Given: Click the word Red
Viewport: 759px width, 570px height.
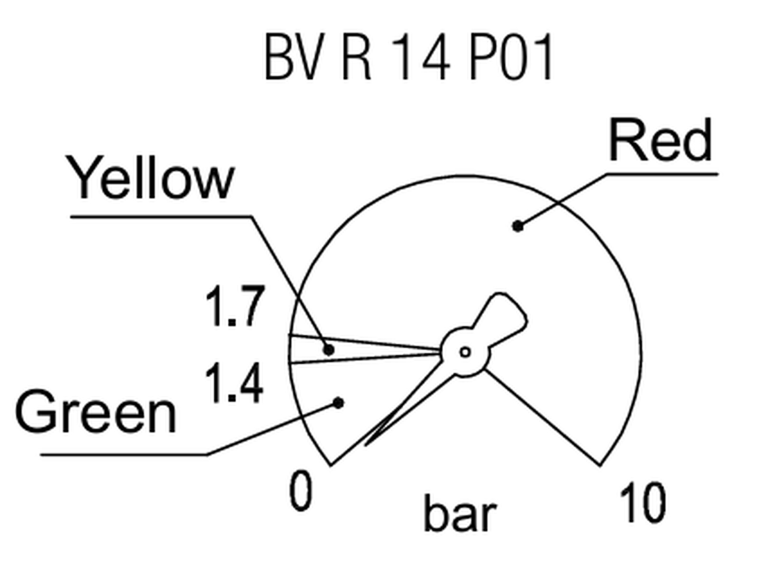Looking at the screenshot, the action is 660,140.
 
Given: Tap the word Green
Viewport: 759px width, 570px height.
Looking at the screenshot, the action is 96,411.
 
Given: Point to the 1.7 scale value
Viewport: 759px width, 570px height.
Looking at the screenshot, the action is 235,306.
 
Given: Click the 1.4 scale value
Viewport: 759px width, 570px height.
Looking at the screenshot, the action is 234,383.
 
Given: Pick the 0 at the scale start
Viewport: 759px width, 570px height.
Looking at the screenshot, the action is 300,490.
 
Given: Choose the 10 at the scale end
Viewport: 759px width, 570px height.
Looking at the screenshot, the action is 642,502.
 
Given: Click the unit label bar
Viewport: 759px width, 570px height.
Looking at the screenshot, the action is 461,513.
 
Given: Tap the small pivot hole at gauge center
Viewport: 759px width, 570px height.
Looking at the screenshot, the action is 465,352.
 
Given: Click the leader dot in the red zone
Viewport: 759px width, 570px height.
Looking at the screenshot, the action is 518,227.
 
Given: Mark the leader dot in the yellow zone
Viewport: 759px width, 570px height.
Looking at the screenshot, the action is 329,350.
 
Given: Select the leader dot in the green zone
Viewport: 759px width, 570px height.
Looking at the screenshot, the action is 339,403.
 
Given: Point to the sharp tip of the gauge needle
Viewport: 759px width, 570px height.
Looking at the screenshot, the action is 366,446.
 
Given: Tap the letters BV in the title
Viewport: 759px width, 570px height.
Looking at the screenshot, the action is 295,57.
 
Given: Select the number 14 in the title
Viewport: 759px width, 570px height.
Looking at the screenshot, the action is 421,57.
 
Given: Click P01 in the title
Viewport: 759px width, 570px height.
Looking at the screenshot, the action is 511,57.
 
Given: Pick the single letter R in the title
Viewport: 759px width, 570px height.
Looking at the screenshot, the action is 357,57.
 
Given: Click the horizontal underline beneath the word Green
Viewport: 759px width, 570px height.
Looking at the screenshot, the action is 124,455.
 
